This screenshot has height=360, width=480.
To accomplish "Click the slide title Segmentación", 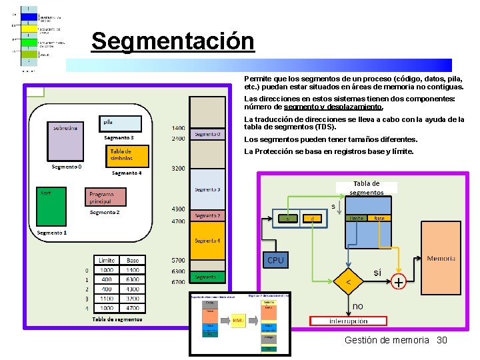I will (x=173, y=41).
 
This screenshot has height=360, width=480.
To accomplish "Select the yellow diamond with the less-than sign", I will (x=348, y=283).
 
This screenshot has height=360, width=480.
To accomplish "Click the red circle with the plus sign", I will (x=398, y=283).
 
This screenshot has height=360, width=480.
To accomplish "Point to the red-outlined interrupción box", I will (x=348, y=321).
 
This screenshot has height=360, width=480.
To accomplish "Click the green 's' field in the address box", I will (x=287, y=218).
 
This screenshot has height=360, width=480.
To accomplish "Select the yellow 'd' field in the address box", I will (x=311, y=218).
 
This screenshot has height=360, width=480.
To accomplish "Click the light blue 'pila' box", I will (x=121, y=123).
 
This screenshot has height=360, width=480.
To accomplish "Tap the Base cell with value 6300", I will (x=133, y=279).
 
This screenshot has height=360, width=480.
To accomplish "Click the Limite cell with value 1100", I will (x=107, y=299).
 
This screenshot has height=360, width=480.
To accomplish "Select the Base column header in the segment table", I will (x=133, y=260).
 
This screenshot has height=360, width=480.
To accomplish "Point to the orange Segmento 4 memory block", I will (x=207, y=241).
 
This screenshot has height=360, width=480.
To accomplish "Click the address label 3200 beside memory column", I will (x=178, y=169).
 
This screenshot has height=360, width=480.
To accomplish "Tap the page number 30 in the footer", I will (x=441, y=340).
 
